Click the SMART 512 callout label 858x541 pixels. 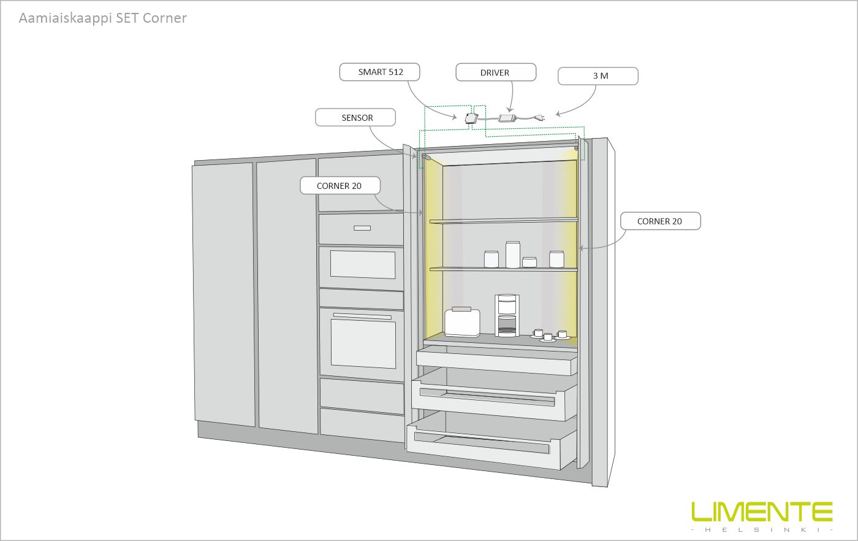click(x=381, y=72)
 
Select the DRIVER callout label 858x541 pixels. click(x=495, y=72)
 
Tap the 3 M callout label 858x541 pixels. click(x=598, y=76)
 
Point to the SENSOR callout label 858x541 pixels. click(x=357, y=118)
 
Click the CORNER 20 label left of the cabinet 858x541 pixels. click(x=340, y=186)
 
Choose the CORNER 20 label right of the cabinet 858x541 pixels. click(x=659, y=221)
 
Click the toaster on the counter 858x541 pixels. click(x=462, y=322)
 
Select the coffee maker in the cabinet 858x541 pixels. click(x=507, y=315)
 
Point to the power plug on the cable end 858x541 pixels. click(x=541, y=117)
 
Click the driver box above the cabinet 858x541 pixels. click(x=507, y=117)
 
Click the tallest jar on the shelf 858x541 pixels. click(x=512, y=255)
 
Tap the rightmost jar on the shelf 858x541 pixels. click(x=556, y=259)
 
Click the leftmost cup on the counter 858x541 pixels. click(x=538, y=334)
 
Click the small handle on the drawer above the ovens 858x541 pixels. click(x=362, y=228)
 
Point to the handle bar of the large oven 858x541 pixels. click(x=362, y=317)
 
